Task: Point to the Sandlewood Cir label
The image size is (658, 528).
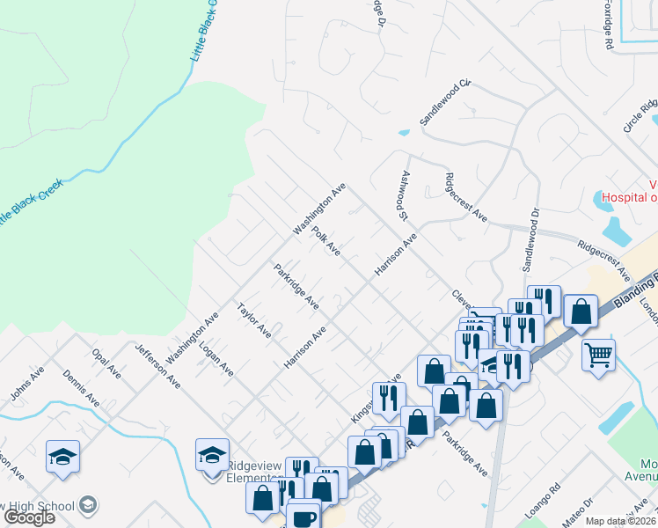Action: pos(445,102)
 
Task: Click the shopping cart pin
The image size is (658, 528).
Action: pos(598,355)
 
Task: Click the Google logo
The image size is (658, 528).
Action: pos(28,517)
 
